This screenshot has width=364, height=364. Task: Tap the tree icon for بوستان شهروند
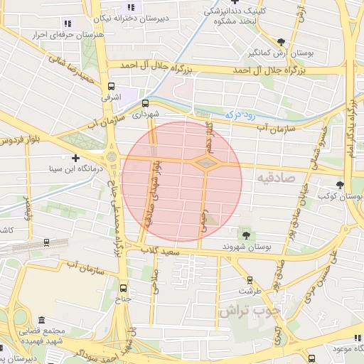point(246,235)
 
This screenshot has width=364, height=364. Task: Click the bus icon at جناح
point(124,288)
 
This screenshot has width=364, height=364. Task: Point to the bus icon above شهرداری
point(146,102)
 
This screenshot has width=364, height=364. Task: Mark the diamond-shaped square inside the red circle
point(205,164)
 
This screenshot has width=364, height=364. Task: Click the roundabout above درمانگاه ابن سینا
point(112,154)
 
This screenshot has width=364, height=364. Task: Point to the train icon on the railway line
point(46,242)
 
